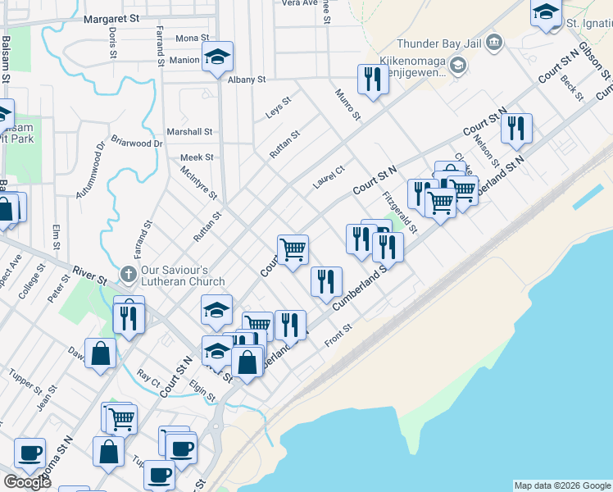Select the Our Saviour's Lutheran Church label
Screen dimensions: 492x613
[182, 276]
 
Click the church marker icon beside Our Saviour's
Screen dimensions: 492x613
[128, 272]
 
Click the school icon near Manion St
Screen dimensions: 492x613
[217, 57]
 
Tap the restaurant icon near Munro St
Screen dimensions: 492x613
[373, 80]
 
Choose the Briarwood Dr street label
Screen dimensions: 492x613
[137, 143]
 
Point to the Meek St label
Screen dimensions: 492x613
[197, 157]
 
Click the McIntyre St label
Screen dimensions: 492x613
[199, 184]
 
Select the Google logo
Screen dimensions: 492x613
[27, 482]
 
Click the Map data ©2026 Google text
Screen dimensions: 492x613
[563, 485]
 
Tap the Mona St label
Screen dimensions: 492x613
[193, 39]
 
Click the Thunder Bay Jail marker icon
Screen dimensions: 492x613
[494, 42]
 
